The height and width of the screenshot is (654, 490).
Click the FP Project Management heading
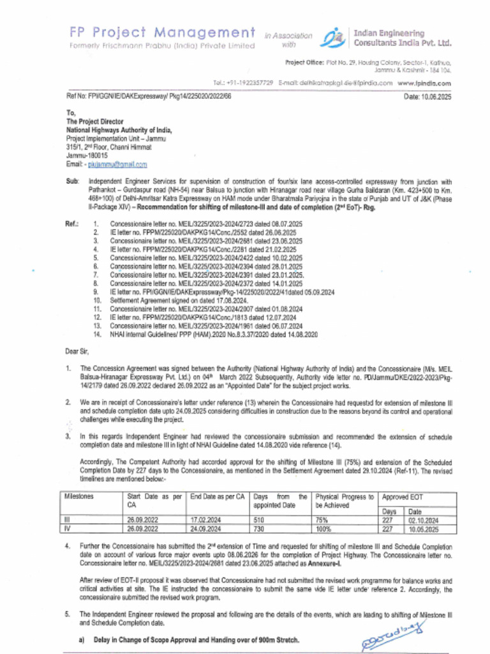pos(160,33)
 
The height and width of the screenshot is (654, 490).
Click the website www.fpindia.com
pos(424,83)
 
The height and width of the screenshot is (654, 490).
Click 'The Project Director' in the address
pos(95,121)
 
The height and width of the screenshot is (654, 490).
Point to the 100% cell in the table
pos(325,529)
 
